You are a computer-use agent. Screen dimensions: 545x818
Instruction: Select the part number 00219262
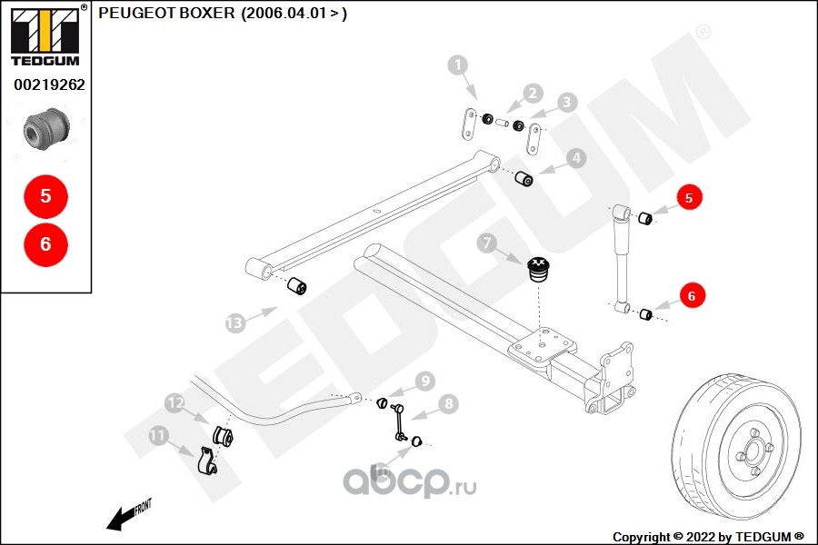point(49,85)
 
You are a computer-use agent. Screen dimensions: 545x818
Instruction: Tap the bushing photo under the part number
point(47,129)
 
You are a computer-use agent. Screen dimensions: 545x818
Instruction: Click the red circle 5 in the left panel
point(46,195)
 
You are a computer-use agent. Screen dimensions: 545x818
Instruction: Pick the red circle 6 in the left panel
point(46,243)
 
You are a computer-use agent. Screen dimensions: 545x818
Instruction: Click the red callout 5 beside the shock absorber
point(688,197)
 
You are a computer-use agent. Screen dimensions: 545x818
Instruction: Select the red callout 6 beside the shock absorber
point(691,295)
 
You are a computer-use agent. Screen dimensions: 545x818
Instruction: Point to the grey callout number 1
point(458,64)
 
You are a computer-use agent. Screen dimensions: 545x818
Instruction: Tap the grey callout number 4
point(575,159)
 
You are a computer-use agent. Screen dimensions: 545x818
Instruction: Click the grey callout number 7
point(487,243)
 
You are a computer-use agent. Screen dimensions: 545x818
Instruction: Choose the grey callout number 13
point(235,322)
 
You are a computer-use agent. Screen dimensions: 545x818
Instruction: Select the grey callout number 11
point(159,437)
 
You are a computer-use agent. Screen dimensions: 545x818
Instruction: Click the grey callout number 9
point(424,380)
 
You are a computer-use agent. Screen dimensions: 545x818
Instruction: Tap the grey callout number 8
point(448,403)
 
